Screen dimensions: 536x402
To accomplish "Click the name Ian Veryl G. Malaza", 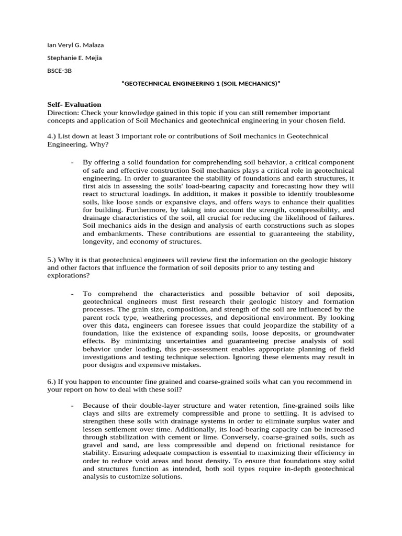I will (x=75, y=45).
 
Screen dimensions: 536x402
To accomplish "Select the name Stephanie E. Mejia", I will (x=74, y=58).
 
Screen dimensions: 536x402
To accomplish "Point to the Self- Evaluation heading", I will (x=74, y=105).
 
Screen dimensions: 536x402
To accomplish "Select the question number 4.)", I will (x=52, y=136).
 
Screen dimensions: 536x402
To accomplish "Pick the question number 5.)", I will (x=52, y=260).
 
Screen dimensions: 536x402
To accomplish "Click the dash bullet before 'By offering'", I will (x=72, y=163).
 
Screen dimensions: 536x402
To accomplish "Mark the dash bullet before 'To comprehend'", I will (x=72, y=294).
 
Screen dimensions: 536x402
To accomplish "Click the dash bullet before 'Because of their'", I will (x=72, y=406).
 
